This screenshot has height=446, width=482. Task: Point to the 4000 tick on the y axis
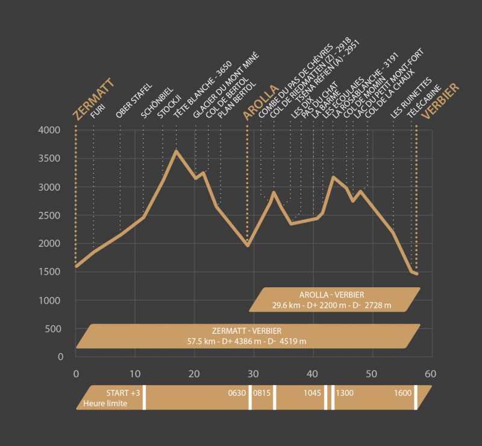[52, 130]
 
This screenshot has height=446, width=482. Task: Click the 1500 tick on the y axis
[52, 272]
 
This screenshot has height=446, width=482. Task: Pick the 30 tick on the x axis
[254, 374]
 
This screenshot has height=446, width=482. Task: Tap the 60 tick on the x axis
[430, 374]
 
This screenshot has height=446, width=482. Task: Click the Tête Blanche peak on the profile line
[176, 150]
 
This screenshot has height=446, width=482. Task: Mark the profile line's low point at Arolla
[248, 245]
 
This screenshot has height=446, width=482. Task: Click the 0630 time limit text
[237, 393]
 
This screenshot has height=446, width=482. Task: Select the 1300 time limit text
[346, 393]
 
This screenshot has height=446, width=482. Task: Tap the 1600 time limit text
[403, 393]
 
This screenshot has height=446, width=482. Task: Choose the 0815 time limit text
[262, 393]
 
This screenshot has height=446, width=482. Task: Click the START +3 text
[123, 393]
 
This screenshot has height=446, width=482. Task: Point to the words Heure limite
[105, 403]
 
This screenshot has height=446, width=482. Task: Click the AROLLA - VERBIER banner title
[331, 295]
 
